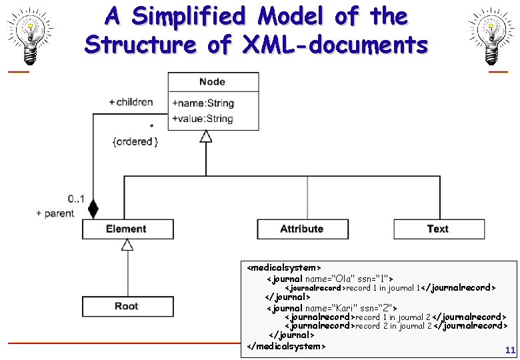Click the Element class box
127,229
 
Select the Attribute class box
301,229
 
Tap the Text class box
437,229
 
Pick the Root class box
127,306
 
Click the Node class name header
212,82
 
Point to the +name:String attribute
203,103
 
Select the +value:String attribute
203,119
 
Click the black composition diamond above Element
93,210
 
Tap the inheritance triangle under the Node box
206,136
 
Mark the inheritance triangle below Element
127,245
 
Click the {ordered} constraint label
135,141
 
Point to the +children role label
131,102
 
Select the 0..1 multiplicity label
76,199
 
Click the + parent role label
55,213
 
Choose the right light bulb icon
490,33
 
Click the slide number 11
510,349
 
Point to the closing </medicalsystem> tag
286,346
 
